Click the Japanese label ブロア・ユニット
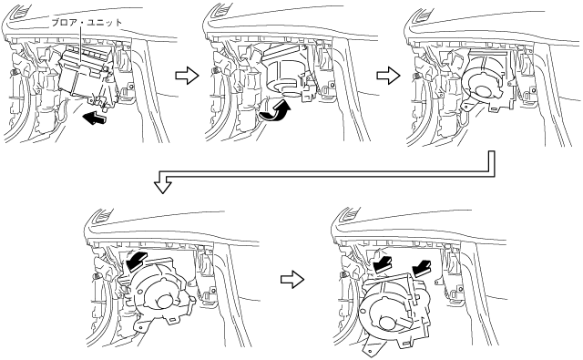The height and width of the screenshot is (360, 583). pos(87,23)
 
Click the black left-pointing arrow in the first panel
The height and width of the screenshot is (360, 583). pos(95,118)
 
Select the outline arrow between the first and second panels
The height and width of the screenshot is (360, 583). pos(187,76)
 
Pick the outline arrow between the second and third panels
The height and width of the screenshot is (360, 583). pos(388,76)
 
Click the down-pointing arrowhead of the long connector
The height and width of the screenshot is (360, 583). pos(163,186)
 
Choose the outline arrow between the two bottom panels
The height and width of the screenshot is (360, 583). pos(292,279)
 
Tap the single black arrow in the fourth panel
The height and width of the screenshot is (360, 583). pos(137,261)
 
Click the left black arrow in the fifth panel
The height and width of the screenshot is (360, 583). pos(383,265)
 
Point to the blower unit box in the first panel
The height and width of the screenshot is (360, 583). pos(87,75)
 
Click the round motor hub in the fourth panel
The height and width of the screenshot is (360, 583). pos(164,302)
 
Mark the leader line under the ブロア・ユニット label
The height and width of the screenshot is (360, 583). pos(81,46)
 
